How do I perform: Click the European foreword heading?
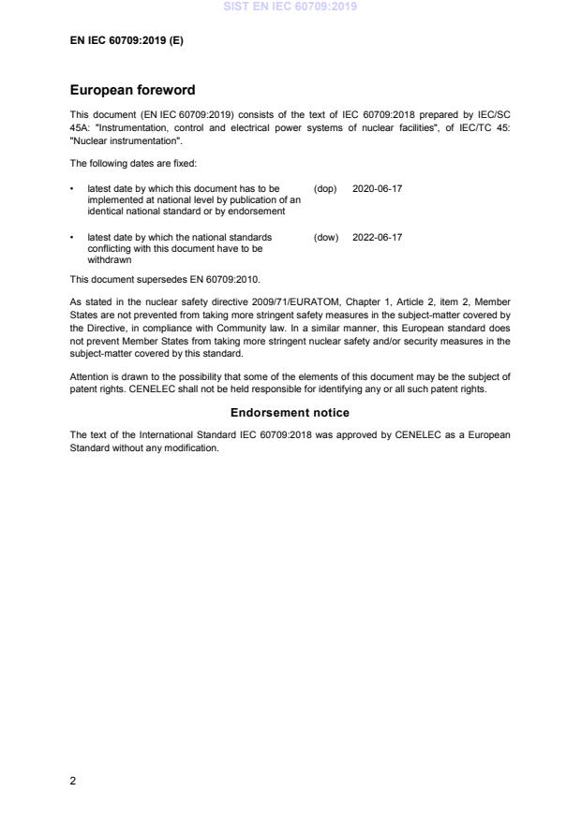(132, 91)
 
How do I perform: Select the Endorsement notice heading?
(290, 413)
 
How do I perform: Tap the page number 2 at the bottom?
(73, 783)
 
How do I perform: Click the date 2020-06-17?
(377, 189)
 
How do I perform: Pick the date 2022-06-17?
(377, 238)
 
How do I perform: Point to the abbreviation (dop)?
(325, 189)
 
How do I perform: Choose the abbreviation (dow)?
(325, 238)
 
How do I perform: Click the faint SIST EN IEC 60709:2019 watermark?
(290, 7)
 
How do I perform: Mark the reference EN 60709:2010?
(224, 279)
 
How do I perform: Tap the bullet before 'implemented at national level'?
(73, 189)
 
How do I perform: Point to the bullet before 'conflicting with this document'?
(73, 238)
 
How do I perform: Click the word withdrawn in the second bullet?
(110, 260)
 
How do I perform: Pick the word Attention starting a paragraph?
(90, 376)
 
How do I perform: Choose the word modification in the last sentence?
(191, 447)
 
